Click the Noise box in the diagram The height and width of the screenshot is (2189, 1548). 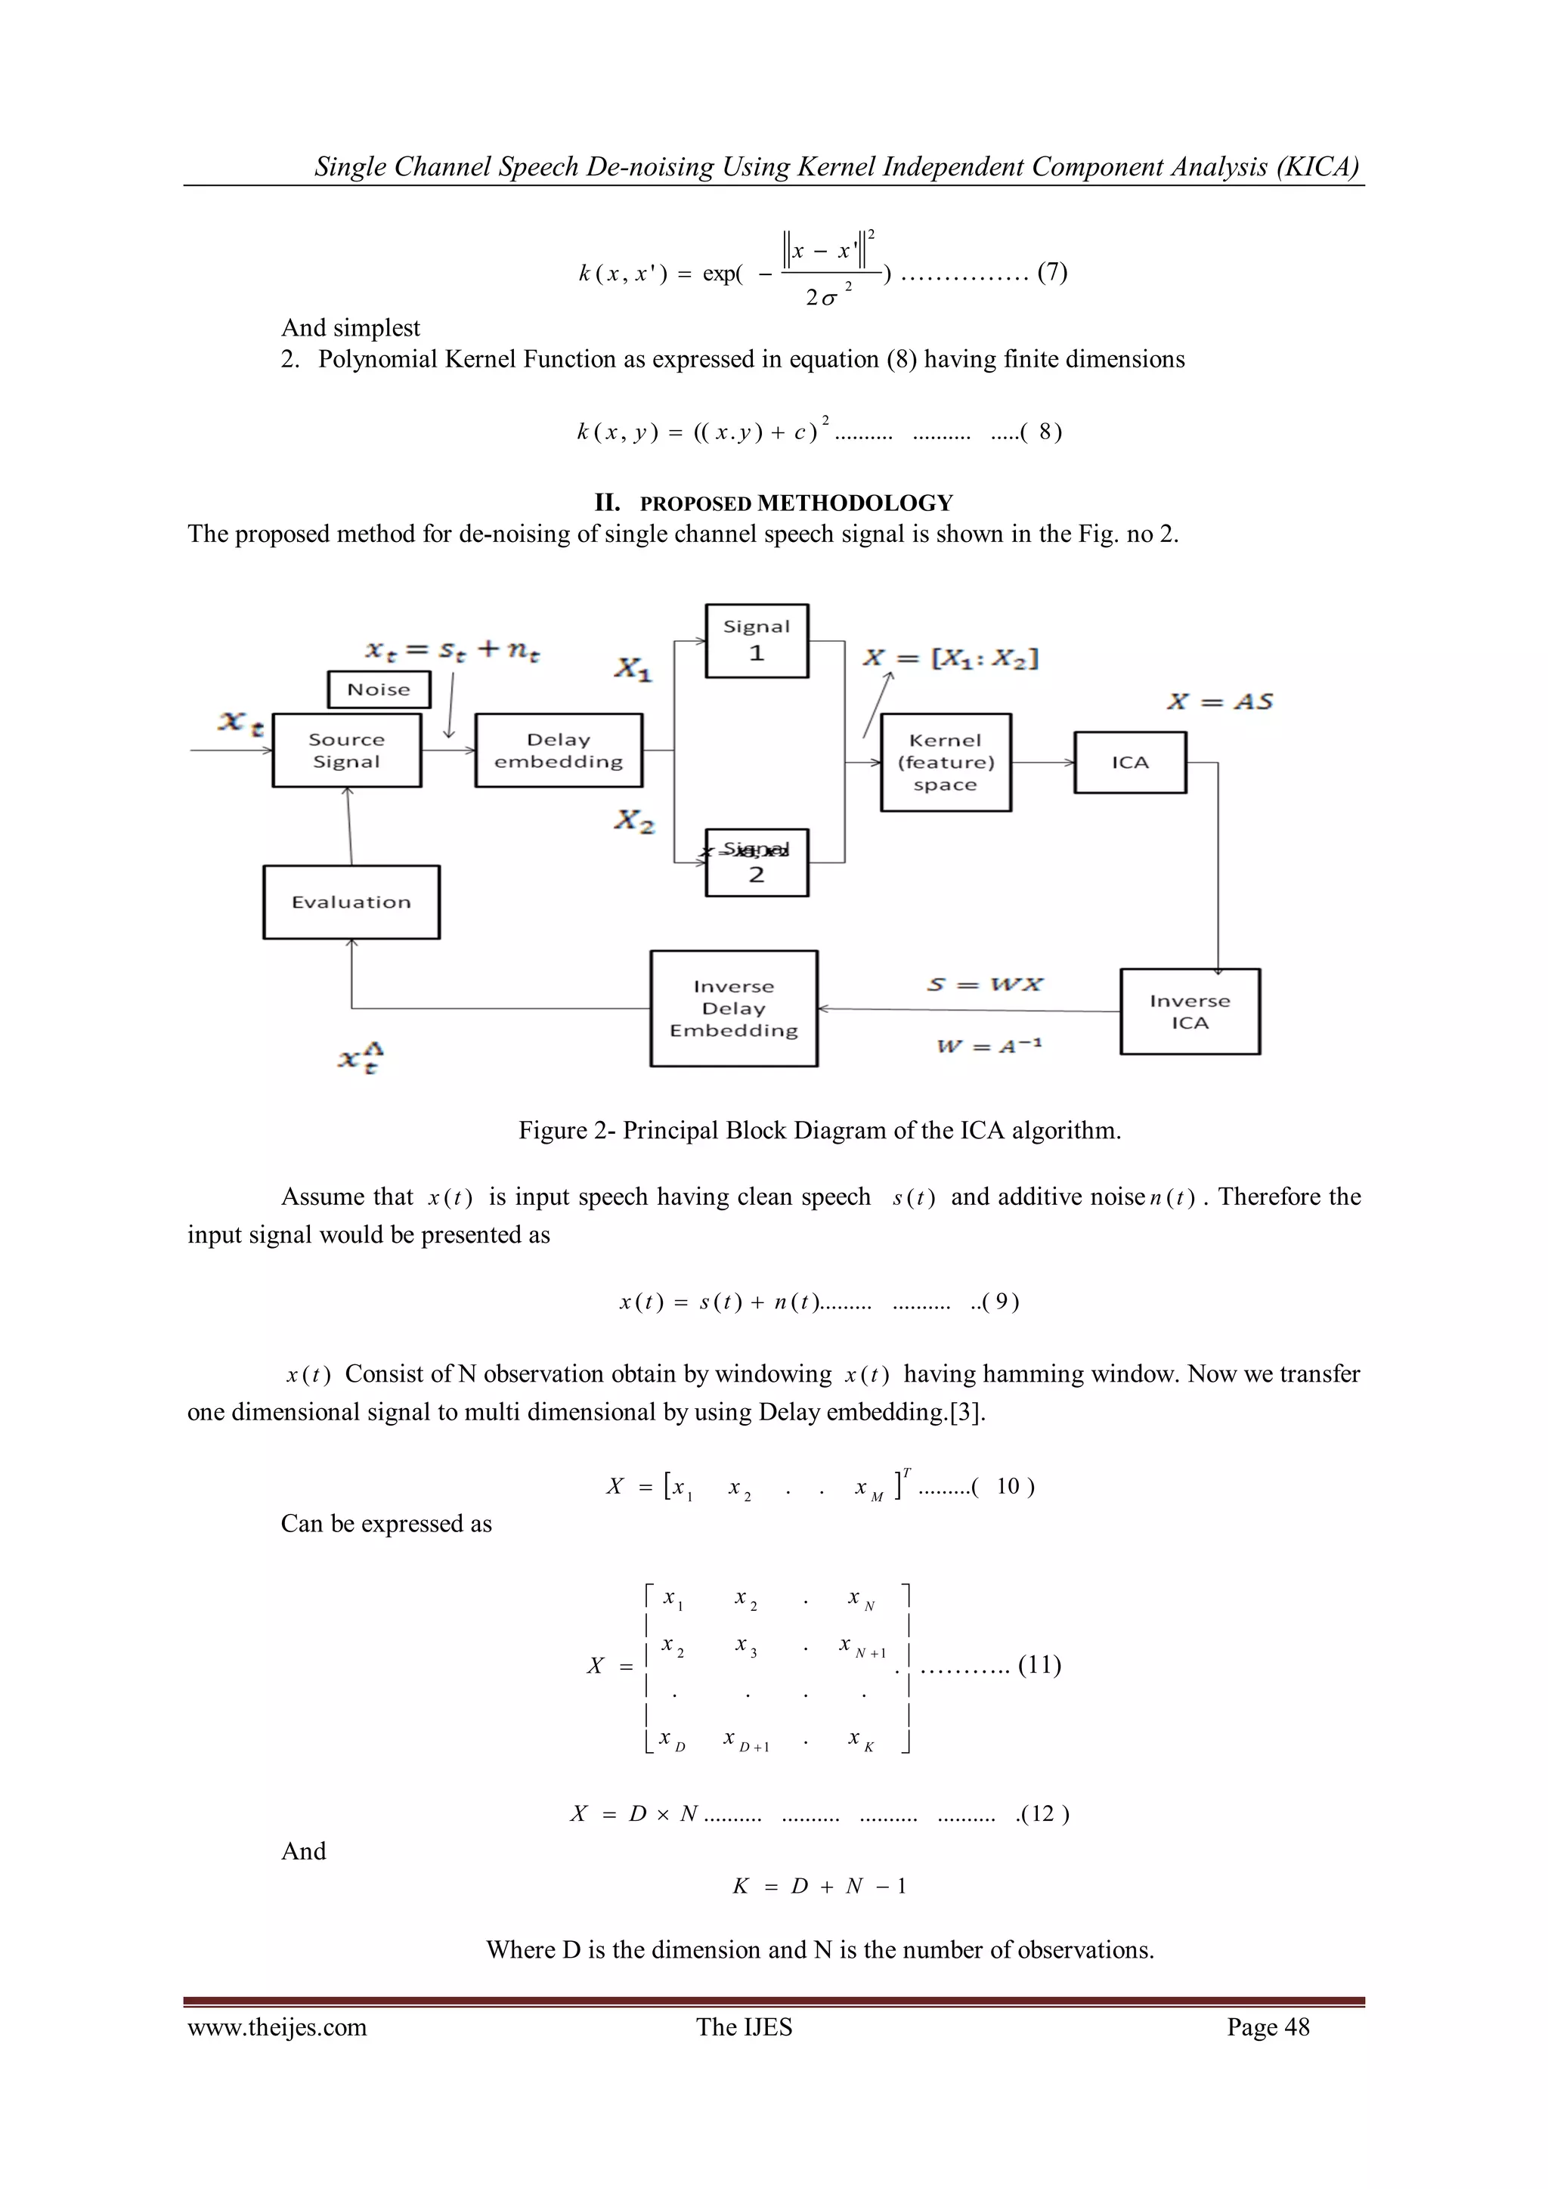click(379, 689)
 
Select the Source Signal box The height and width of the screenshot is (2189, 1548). click(346, 751)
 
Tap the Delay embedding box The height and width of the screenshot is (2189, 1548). click(559, 751)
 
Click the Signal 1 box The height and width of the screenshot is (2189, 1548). click(756, 641)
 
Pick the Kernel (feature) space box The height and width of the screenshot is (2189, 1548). click(945, 762)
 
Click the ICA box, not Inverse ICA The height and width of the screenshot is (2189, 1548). click(1129, 762)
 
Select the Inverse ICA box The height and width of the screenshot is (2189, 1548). click(1190, 1011)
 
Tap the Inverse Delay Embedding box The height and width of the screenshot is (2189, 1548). click(733, 1008)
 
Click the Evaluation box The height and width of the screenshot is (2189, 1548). click(351, 902)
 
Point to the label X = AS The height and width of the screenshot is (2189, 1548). click(1220, 701)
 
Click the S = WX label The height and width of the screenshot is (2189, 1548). click(985, 984)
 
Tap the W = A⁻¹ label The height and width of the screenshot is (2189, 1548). click(989, 1046)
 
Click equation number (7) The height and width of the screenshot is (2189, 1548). click(1052, 273)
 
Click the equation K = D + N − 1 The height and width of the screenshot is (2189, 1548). click(819, 1886)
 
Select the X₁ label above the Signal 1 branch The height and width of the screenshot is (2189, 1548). click(632, 668)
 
